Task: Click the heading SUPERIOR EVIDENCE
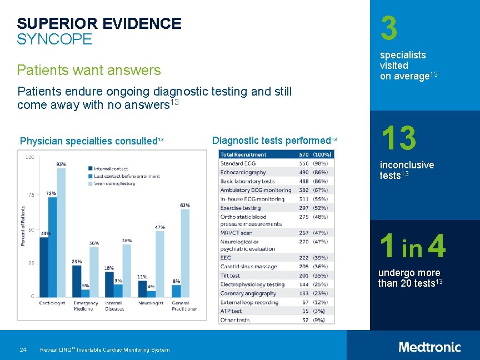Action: (99, 23)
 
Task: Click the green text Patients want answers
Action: (89, 70)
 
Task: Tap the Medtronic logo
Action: (429, 347)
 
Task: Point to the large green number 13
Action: (398, 138)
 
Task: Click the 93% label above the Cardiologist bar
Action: (61, 164)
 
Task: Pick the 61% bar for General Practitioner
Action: (185, 253)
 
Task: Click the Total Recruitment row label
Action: (243, 154)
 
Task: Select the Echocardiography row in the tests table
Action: (243, 172)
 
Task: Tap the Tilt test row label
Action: (231, 276)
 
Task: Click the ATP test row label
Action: (231, 311)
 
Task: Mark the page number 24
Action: (23, 349)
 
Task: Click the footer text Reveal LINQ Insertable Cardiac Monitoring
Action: (105, 349)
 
